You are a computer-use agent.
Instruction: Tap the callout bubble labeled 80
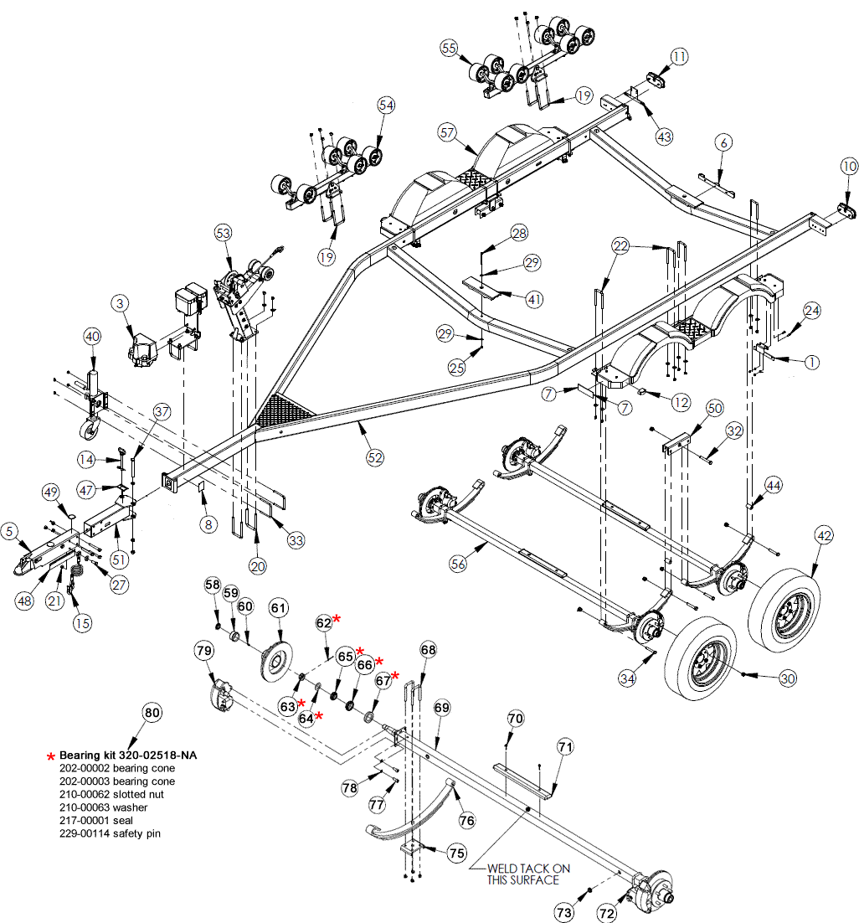(x=151, y=714)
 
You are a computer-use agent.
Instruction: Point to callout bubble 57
(x=447, y=132)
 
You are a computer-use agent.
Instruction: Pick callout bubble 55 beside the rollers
(x=450, y=49)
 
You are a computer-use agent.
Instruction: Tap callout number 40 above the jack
(x=92, y=337)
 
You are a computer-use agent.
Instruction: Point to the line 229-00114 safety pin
(x=110, y=834)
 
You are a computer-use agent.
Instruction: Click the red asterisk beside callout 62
(x=337, y=618)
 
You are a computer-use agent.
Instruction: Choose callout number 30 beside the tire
(x=788, y=678)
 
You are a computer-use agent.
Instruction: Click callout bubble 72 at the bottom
(x=606, y=913)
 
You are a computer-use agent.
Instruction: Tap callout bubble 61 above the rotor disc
(x=278, y=608)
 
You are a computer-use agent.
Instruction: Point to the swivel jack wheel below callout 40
(x=88, y=431)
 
